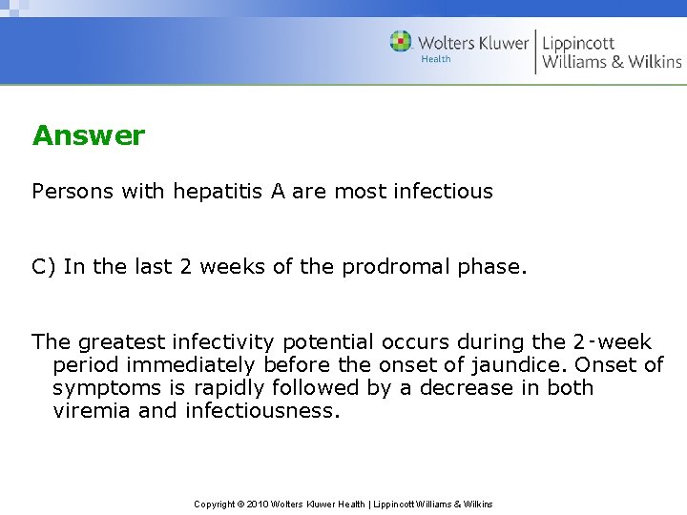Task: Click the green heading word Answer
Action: [88, 135]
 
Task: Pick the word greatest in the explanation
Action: [121, 342]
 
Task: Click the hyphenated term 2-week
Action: [612, 342]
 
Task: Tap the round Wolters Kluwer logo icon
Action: [401, 42]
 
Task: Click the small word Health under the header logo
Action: [435, 59]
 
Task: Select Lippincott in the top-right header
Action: [578, 43]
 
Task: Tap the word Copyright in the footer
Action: [215, 504]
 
